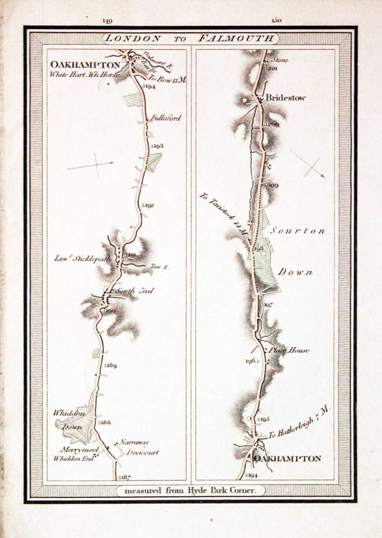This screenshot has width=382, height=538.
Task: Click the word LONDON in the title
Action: click(x=133, y=38)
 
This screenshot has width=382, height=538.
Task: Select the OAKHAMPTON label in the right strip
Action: click(x=288, y=459)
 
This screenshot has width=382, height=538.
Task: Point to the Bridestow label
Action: click(x=286, y=98)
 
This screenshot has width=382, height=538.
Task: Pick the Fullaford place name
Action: click(x=166, y=118)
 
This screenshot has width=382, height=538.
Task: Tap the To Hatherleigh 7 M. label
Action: click(x=300, y=424)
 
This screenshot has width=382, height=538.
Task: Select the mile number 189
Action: click(x=110, y=366)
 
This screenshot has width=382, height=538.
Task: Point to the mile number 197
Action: click(x=267, y=305)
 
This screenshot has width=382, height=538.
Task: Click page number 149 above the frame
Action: click(x=107, y=21)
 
